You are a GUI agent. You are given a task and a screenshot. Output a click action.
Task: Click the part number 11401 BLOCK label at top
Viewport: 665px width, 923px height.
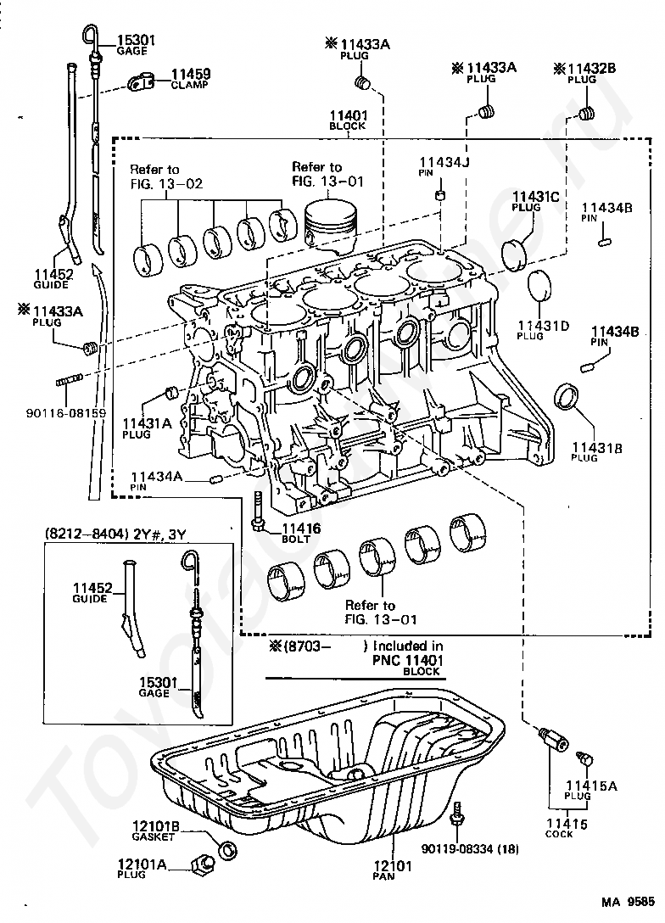[x=347, y=120]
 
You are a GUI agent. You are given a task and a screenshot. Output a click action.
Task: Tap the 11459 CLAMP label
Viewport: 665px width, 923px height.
[x=191, y=79]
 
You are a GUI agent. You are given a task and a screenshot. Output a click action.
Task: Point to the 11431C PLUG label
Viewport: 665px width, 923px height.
[x=534, y=201]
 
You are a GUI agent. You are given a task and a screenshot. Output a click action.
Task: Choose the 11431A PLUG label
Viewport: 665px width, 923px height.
[x=146, y=427]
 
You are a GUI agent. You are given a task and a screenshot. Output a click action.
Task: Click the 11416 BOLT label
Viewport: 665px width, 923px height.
[x=298, y=532]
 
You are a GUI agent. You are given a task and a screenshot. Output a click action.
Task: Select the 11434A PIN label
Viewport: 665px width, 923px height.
[x=156, y=481]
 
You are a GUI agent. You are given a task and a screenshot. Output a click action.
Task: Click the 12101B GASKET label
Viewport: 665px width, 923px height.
[x=154, y=830]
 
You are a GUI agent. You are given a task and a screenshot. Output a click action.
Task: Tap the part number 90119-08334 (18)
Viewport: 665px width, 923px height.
[x=470, y=848]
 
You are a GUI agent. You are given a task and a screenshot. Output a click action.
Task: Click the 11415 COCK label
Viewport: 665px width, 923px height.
[x=563, y=827]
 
